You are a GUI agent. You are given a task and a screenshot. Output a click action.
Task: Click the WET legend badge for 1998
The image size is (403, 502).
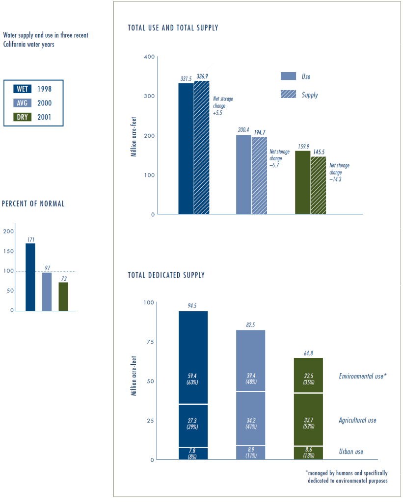click(x=22, y=89)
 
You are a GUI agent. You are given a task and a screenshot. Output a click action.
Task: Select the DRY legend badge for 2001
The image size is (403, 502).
click(x=22, y=117)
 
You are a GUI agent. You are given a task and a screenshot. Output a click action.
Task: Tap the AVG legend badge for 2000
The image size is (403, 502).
click(x=22, y=103)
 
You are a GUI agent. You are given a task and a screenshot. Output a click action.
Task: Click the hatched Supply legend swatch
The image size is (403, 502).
click(x=288, y=94)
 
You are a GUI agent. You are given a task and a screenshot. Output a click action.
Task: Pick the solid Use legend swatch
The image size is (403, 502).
click(x=288, y=76)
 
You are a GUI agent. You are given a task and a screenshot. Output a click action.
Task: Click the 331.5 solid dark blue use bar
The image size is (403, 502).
click(x=186, y=149)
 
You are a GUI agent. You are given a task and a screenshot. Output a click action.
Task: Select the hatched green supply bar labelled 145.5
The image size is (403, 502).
click(x=319, y=185)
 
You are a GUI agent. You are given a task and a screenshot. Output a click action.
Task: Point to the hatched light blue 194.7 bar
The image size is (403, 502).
click(x=259, y=176)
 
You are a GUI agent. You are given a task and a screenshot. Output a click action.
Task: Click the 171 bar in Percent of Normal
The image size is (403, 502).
click(x=30, y=277)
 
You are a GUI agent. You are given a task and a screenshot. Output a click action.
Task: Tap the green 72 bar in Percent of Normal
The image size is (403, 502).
click(x=63, y=297)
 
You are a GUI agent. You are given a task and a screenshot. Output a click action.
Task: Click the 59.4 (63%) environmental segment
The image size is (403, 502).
click(x=193, y=357)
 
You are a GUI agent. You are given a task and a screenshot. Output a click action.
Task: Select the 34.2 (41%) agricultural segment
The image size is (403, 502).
click(x=251, y=419)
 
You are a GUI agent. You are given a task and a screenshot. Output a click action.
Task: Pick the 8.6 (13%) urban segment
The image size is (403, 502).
click(x=308, y=453)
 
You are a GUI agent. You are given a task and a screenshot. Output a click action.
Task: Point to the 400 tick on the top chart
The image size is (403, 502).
click(x=149, y=57)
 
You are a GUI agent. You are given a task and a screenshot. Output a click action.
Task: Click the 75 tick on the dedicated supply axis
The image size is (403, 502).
click(x=150, y=342)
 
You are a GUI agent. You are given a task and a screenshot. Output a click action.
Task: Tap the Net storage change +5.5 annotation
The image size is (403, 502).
click(x=223, y=106)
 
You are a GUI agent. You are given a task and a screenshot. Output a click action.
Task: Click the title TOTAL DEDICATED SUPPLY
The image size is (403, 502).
click(x=166, y=276)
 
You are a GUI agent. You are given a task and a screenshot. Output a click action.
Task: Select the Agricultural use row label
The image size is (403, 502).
click(x=357, y=420)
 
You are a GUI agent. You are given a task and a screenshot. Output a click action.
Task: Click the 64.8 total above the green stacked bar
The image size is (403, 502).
click(x=308, y=353)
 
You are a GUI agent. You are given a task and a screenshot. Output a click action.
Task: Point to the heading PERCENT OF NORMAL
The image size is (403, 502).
click(x=33, y=203)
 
